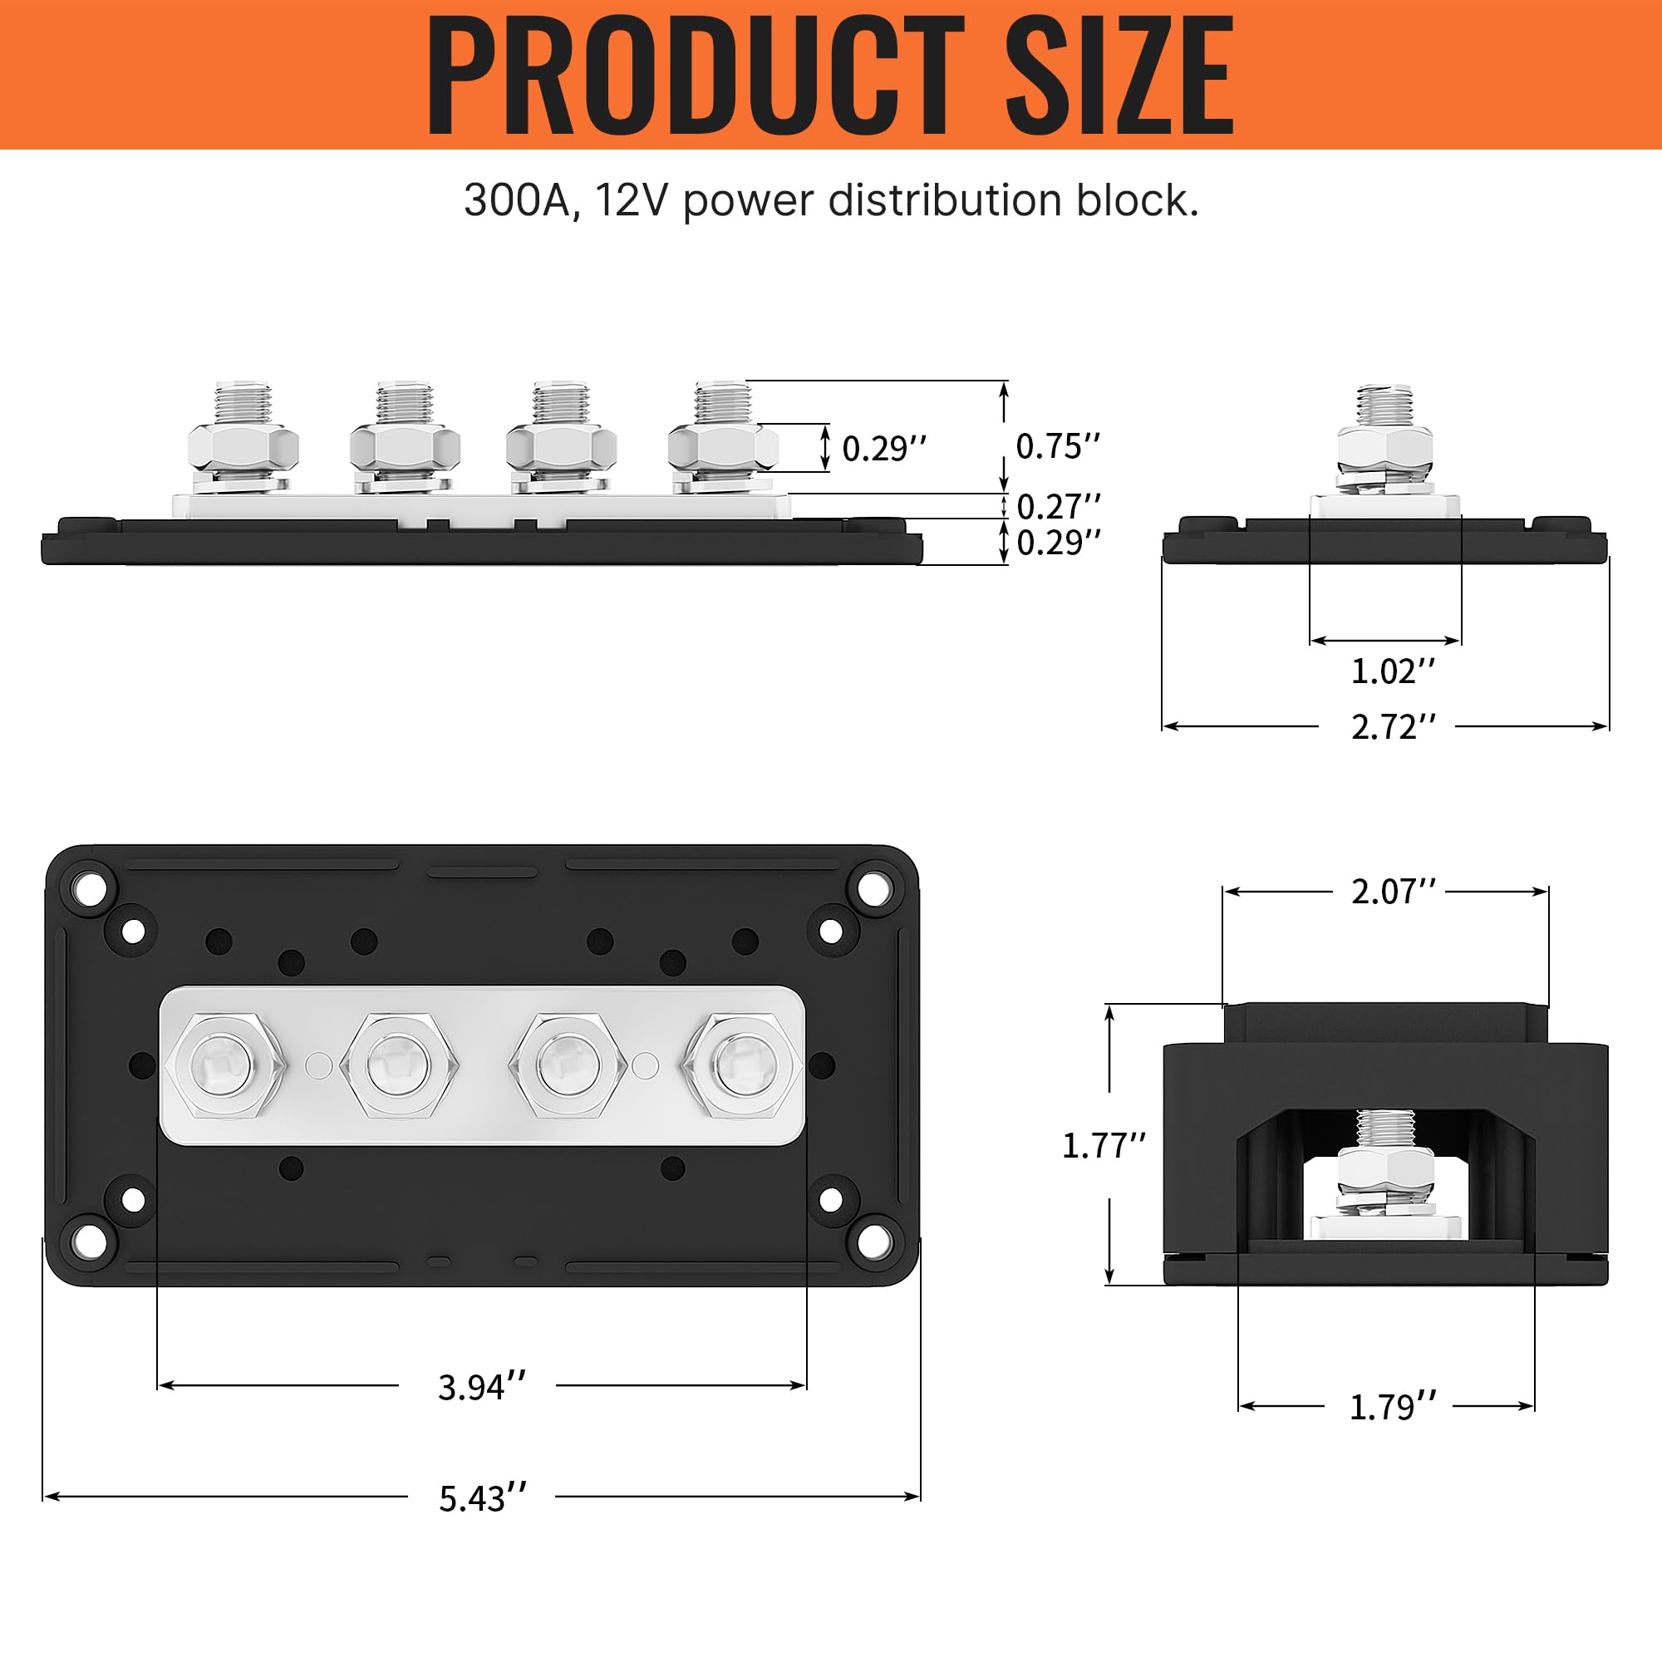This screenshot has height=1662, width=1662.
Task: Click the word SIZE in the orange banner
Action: pyautogui.click(x=1119, y=76)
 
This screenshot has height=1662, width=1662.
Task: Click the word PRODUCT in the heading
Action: pyautogui.click(x=695, y=76)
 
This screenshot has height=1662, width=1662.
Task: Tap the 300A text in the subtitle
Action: pyautogui.click(x=518, y=200)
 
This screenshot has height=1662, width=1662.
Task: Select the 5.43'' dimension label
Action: pyautogui.click(x=483, y=1498)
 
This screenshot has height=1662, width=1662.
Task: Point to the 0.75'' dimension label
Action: pyautogui.click(x=1057, y=446)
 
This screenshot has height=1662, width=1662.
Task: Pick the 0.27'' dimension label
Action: pyautogui.click(x=1058, y=507)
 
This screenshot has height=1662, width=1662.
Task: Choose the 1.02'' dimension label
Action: pyautogui.click(x=1393, y=671)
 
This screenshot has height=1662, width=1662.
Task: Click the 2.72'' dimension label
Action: pyautogui.click(x=1393, y=728)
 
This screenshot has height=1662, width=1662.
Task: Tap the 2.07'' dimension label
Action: pyautogui.click(x=1393, y=892)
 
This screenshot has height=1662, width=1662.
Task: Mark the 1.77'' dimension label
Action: pyautogui.click(x=1104, y=1146)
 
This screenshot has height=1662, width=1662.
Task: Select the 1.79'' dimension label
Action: pyautogui.click(x=1392, y=1408)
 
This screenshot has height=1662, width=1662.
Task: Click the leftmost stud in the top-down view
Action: pyautogui.click(x=224, y=1065)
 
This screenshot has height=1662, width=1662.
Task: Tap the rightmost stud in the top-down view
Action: pyautogui.click(x=741, y=1065)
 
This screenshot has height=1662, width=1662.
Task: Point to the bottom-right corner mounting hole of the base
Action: pyautogui.click(x=874, y=1241)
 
